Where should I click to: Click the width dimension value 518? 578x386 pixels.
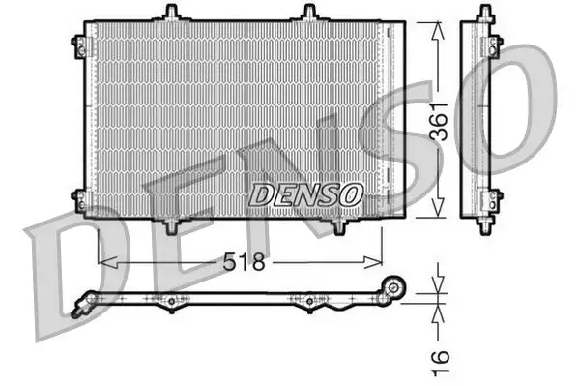click(x=246, y=262)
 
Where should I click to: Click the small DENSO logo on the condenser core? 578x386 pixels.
click(x=305, y=193)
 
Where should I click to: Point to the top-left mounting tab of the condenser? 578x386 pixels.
click(x=172, y=13)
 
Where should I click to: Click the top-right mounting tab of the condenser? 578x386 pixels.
click(x=309, y=13)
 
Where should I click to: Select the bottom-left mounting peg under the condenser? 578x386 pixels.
click(x=172, y=225)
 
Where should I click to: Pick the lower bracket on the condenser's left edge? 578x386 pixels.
click(x=77, y=198)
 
